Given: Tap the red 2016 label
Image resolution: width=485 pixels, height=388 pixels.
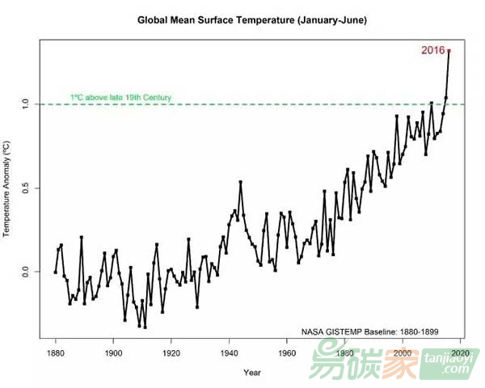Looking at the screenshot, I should [x=432, y=50].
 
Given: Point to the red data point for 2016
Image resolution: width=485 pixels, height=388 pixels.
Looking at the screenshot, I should [x=449, y=51].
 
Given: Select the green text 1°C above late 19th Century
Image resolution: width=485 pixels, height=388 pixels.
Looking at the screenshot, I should [x=120, y=98].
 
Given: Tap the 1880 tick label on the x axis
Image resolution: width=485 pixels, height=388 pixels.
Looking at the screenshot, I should [x=56, y=354].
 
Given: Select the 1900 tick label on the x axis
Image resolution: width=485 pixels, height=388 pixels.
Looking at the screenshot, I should [x=113, y=354].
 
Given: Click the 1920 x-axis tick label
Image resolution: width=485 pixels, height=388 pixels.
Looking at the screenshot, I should [x=171, y=354].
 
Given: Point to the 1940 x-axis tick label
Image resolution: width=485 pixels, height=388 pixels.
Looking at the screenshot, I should [x=230, y=354].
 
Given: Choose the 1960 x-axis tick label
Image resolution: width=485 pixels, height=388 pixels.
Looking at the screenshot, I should [x=287, y=354].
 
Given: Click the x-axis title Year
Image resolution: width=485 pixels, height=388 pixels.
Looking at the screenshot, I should [x=252, y=373].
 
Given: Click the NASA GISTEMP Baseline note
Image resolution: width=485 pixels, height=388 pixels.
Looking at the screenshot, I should [x=371, y=331].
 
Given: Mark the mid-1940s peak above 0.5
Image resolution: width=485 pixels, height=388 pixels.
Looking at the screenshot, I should [x=240, y=183].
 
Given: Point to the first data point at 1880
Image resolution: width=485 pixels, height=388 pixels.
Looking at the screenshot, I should [x=56, y=272].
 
